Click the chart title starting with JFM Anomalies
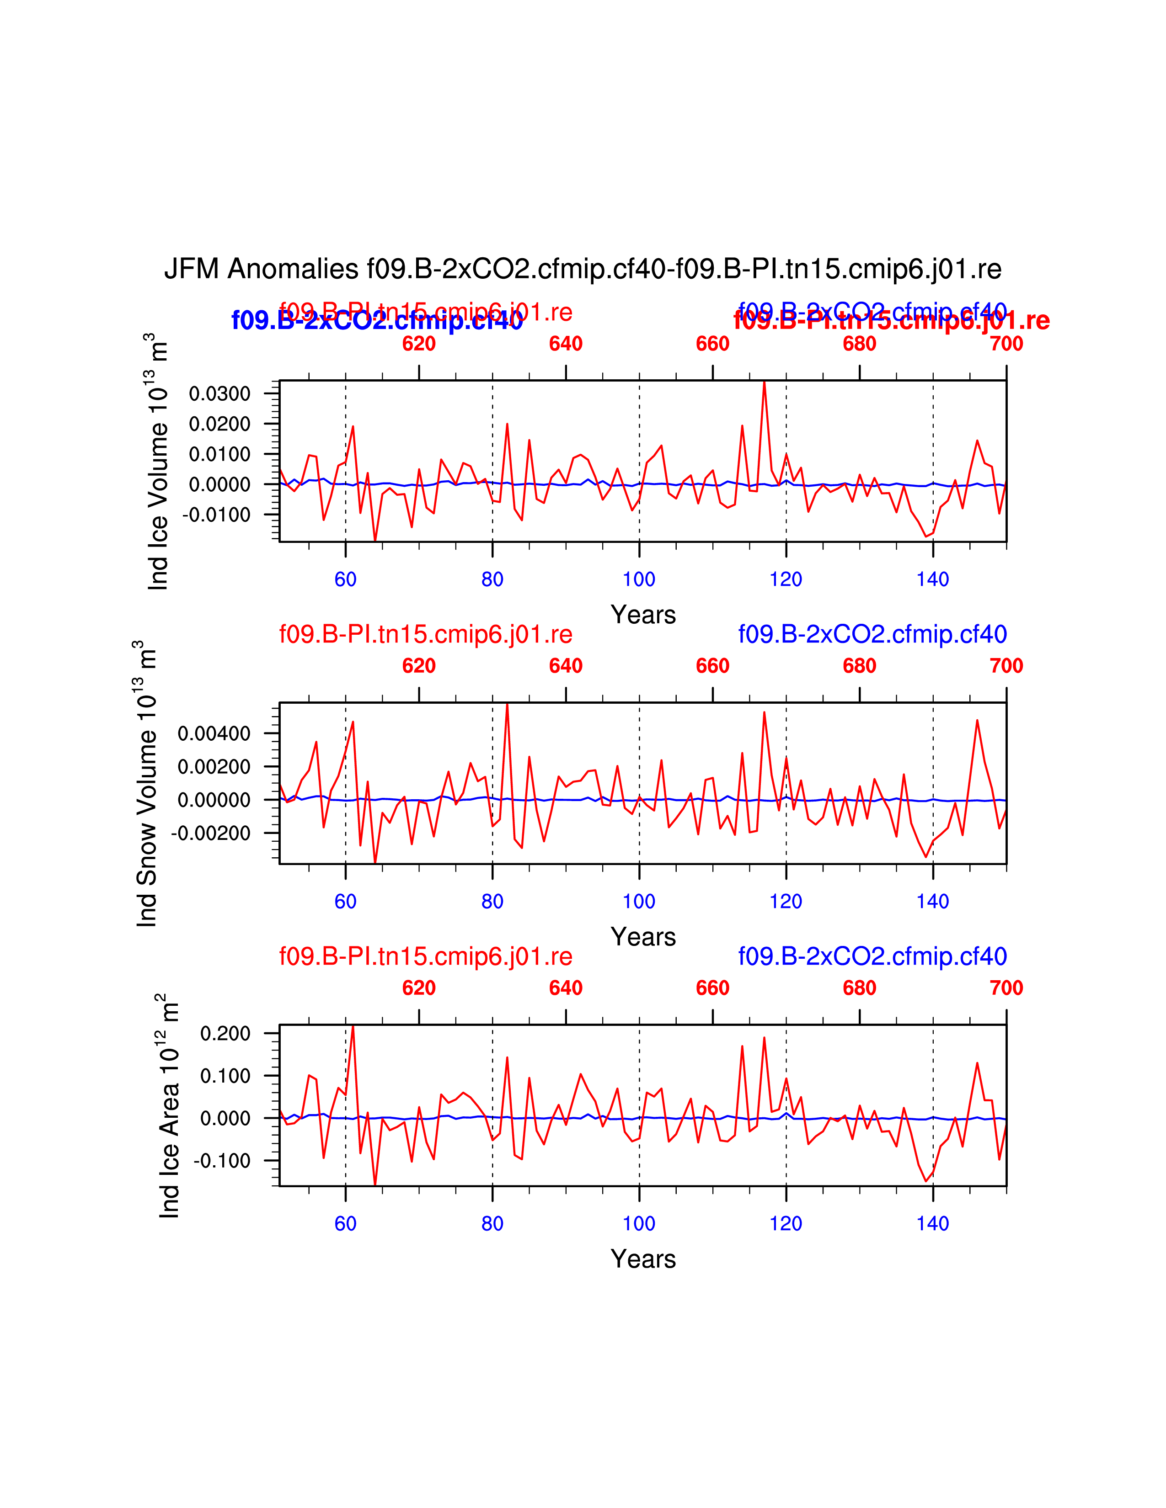coord(582,269)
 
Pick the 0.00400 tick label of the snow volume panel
coord(214,733)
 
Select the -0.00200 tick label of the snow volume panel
coord(211,834)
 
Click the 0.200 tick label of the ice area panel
coord(225,1034)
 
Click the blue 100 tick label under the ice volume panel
coord(639,579)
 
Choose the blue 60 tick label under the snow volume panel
coord(345,901)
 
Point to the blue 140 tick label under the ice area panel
coord(932,1223)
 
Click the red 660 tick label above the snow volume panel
coord(712,666)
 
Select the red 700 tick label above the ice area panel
coord(1006,988)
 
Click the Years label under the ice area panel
coord(643,1259)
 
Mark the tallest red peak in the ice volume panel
coord(764,382)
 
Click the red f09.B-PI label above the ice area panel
coord(426,956)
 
